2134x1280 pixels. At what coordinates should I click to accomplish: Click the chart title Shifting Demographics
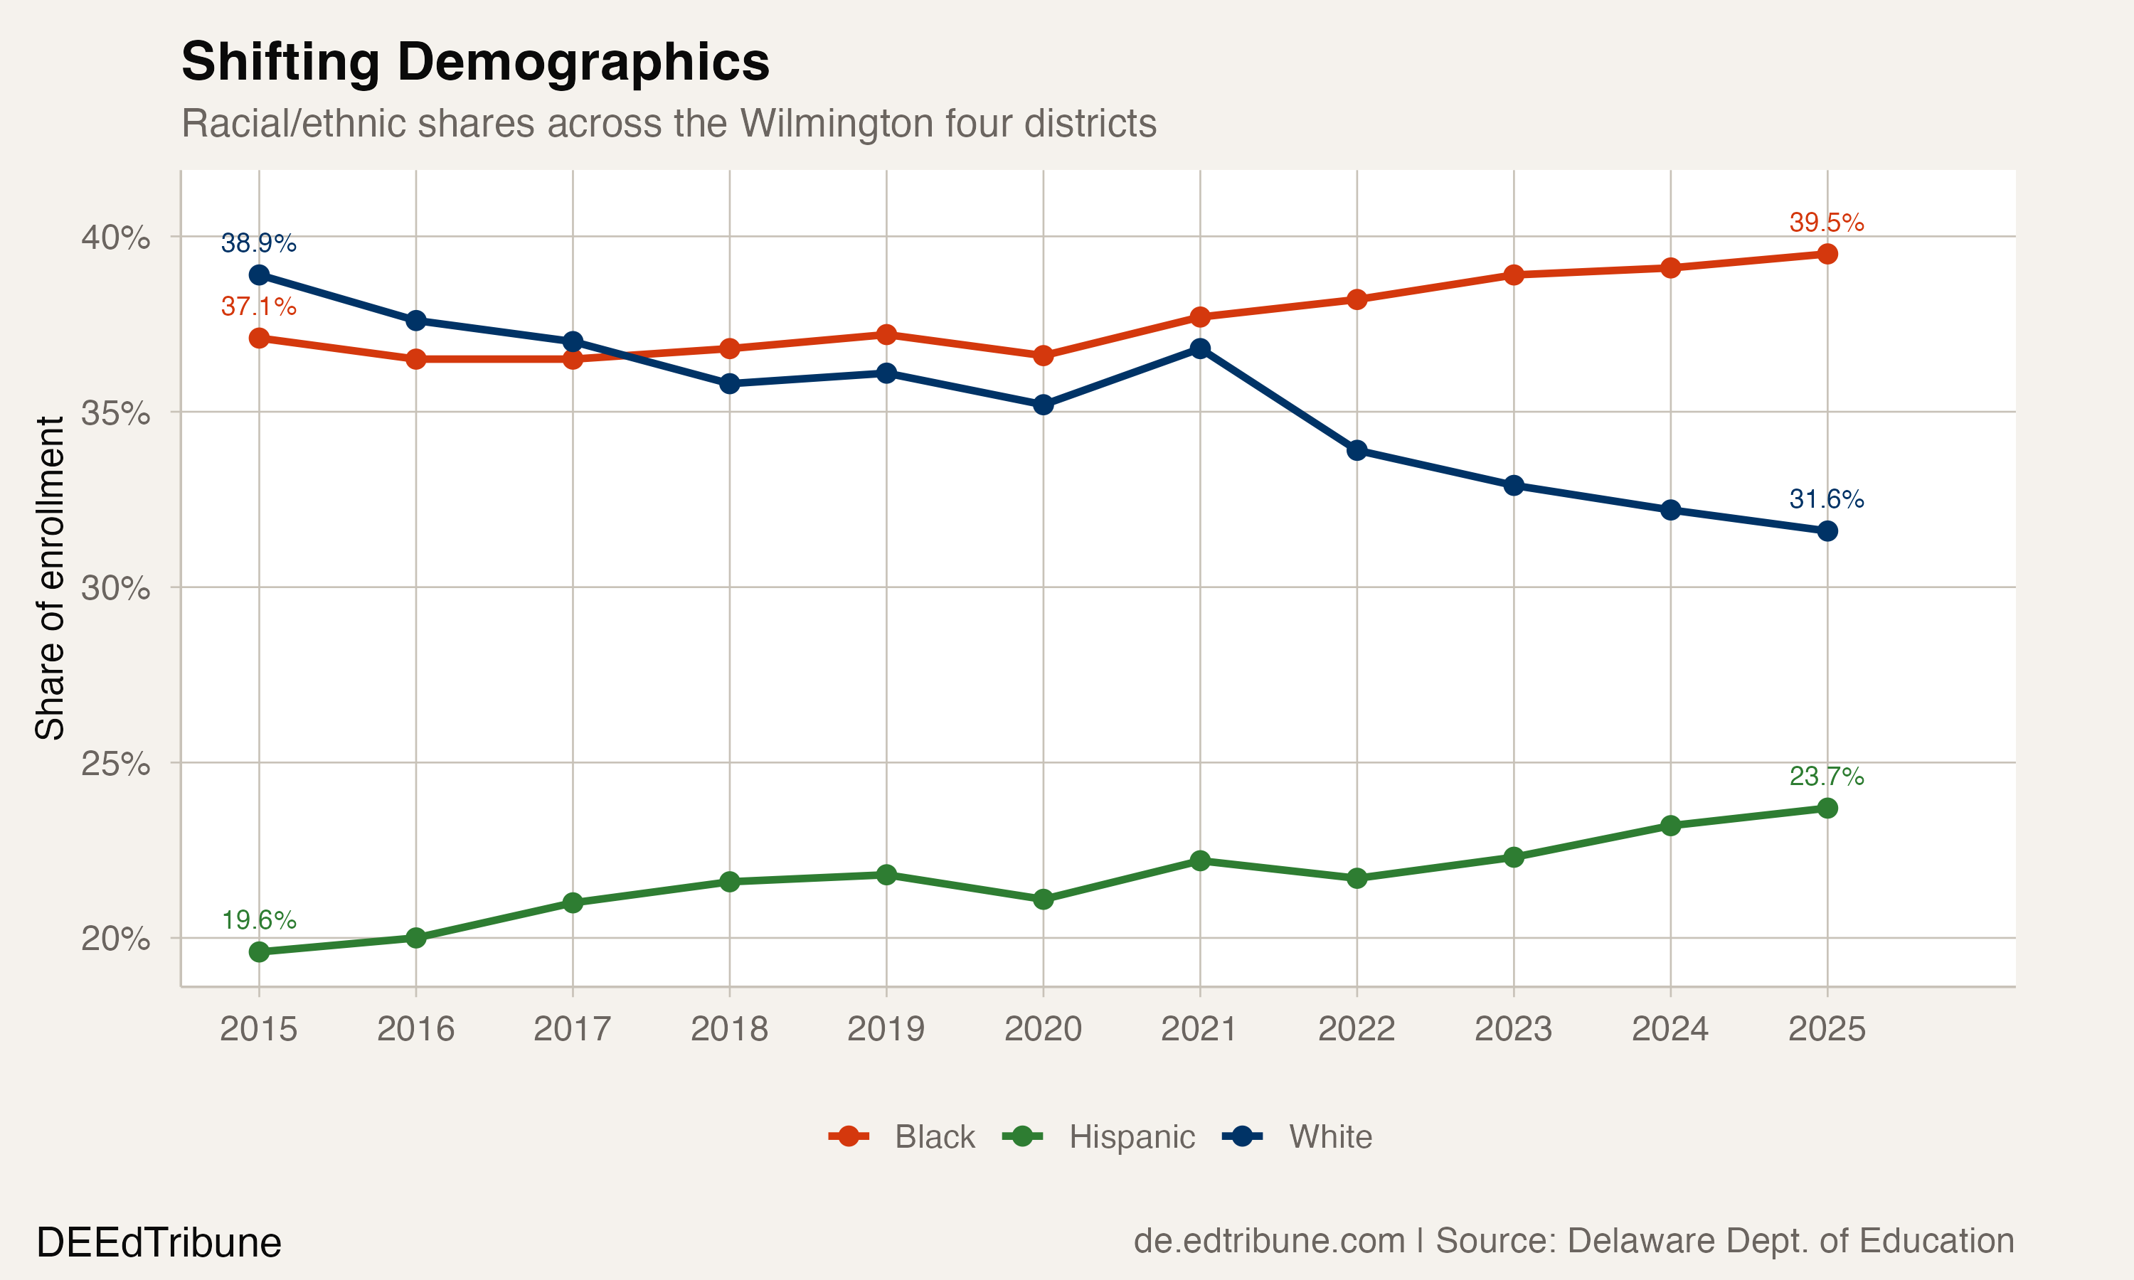tap(474, 62)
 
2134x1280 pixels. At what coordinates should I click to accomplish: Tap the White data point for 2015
tap(259, 275)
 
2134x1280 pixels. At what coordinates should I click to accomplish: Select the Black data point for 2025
tap(1827, 254)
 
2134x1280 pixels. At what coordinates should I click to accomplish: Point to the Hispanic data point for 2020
tap(1043, 900)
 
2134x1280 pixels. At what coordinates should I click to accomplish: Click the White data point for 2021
tap(1200, 348)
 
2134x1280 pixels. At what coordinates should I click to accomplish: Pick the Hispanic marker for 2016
tap(415, 937)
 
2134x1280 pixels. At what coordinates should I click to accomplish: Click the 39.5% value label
tap(1826, 223)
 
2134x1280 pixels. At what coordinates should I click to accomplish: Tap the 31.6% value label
tap(1826, 498)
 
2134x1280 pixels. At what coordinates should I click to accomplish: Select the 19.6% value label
tap(259, 920)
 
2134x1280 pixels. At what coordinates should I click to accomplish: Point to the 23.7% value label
tap(1826, 777)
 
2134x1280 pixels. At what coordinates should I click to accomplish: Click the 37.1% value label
tap(259, 306)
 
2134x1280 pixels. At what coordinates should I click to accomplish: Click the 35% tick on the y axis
tap(115, 413)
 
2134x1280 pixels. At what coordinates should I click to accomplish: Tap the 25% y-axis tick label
tap(115, 763)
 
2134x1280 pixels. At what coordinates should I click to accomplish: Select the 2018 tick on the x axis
tap(729, 1029)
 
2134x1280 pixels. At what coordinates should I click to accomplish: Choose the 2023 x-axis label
tap(1513, 1029)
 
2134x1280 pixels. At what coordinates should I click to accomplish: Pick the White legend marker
tap(1242, 1137)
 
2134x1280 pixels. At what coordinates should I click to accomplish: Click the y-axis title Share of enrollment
tap(50, 578)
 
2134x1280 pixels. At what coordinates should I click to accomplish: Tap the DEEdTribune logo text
tap(159, 1243)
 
